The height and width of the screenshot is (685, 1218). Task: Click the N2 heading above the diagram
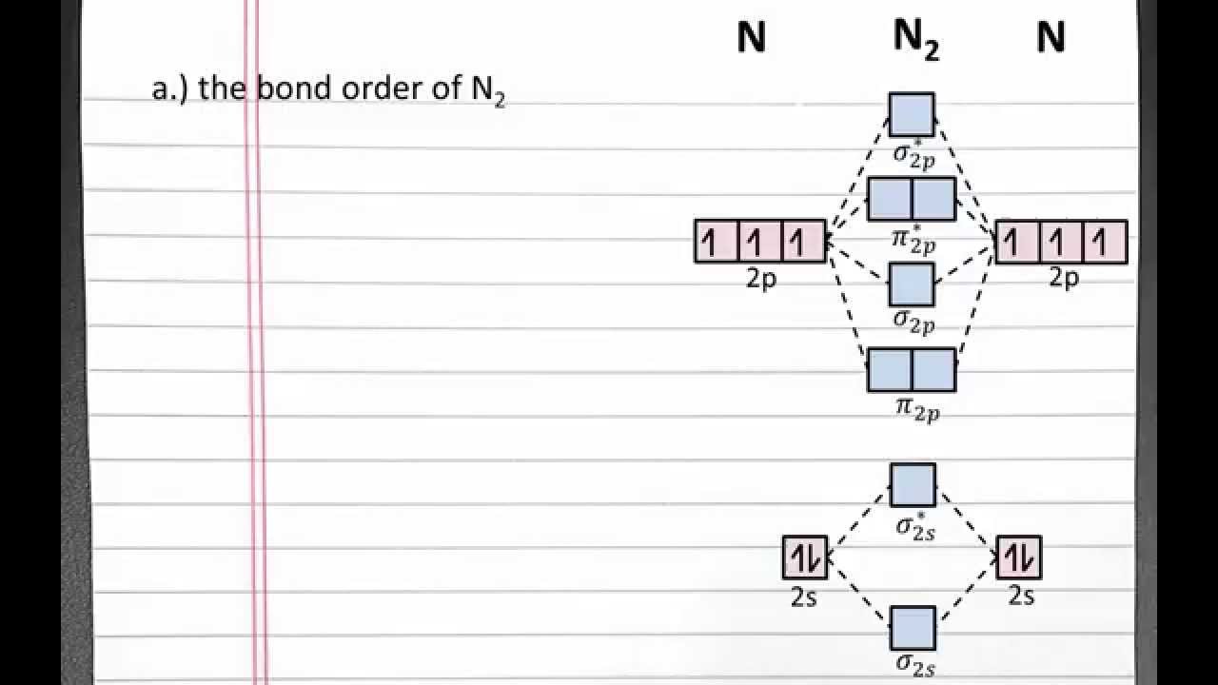point(915,39)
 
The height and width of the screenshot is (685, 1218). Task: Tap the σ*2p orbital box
point(912,114)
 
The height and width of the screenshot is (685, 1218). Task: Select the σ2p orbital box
point(912,284)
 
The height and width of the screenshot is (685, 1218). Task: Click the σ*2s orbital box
point(913,485)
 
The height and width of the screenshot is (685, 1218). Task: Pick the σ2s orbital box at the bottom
point(913,628)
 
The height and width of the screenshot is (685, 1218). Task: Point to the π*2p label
point(913,240)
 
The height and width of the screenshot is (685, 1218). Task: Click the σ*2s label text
point(915,526)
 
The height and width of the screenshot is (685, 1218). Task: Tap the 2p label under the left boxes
point(760,280)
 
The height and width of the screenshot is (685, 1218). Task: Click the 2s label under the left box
point(804,597)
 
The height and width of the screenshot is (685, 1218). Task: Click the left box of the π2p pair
point(890,370)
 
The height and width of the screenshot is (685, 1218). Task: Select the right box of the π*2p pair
point(933,199)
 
